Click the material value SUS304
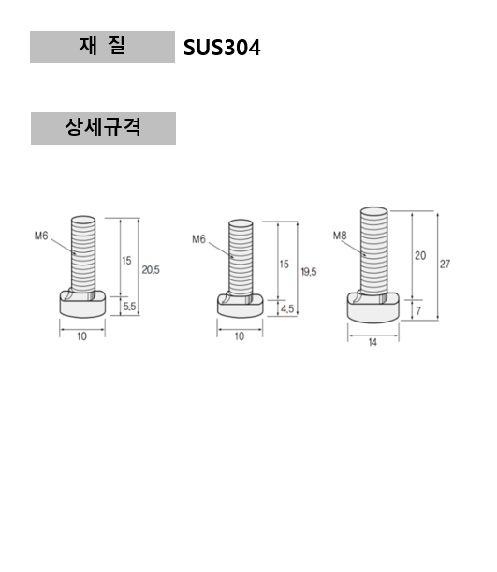point(223,48)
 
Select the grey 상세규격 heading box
point(103,128)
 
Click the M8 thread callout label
point(340,236)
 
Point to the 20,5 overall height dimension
point(151,269)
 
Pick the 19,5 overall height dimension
point(309,271)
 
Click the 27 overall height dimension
point(445,265)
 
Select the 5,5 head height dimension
point(130,306)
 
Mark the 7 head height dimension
point(418,308)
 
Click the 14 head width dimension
point(373,344)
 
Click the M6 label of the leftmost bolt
point(41,236)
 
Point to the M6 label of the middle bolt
point(198,239)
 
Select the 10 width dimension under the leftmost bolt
point(81,336)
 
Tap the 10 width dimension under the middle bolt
point(239,336)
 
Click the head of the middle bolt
point(239,304)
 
